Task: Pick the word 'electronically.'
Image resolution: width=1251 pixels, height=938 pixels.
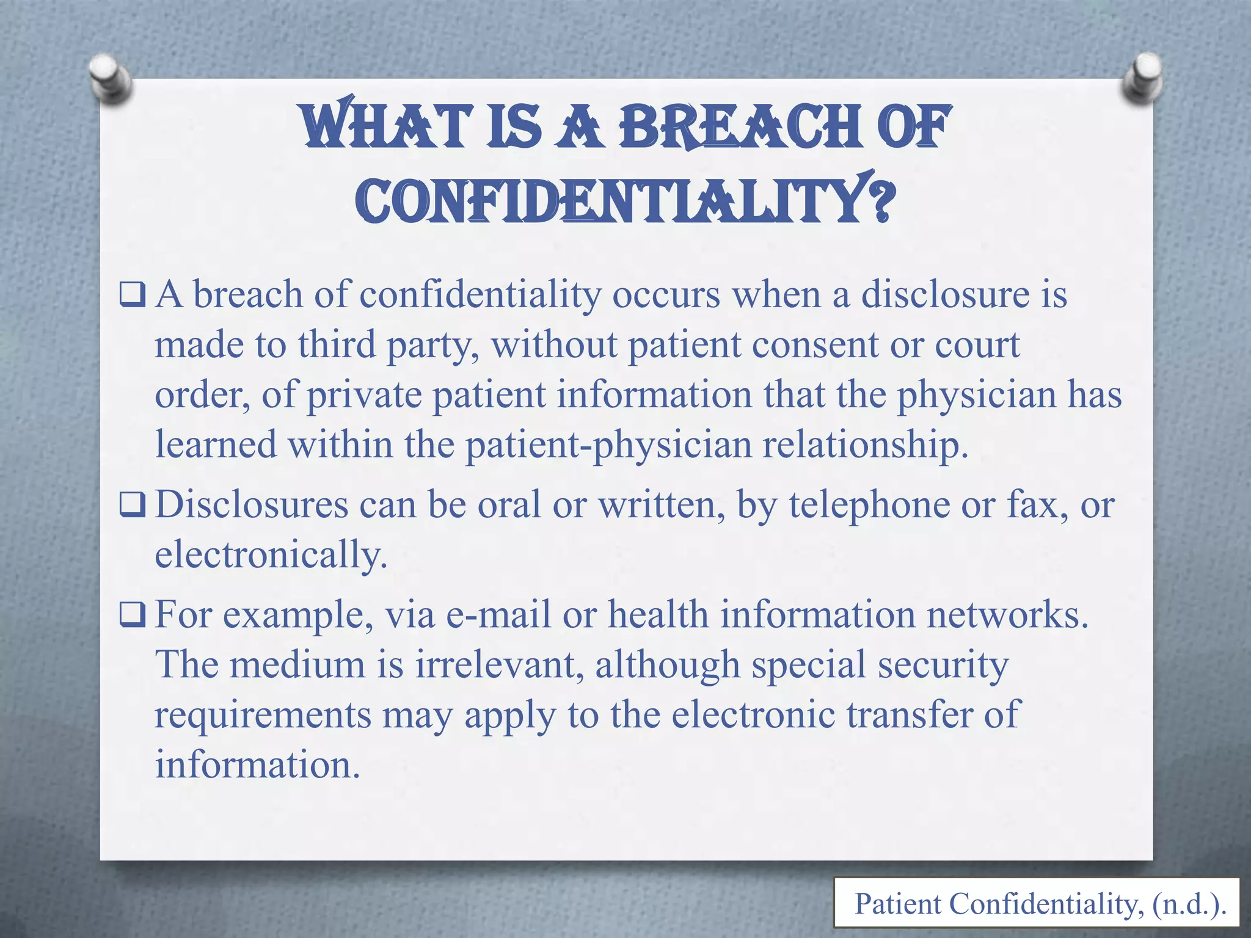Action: coord(271,556)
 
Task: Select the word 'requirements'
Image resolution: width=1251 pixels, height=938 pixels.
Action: coord(263,715)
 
